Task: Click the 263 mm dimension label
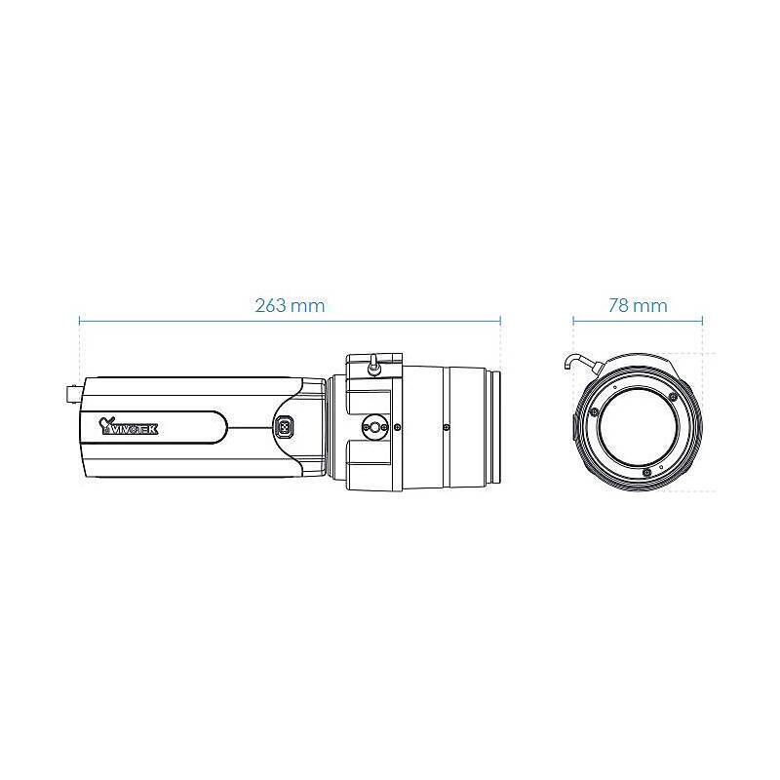pos(290,305)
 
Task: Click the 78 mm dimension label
pos(638,305)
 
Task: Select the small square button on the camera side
pos(285,426)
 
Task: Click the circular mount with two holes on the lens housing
pos(373,426)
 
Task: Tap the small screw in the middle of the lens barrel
pos(446,426)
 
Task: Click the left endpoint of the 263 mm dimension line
pos(80,319)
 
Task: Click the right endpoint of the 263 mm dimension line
pos(500,319)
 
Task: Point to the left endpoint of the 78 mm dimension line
pos(573,319)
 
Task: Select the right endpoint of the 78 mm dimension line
pos(702,319)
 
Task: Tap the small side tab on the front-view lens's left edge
pos(573,425)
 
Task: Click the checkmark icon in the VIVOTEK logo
pos(107,422)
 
